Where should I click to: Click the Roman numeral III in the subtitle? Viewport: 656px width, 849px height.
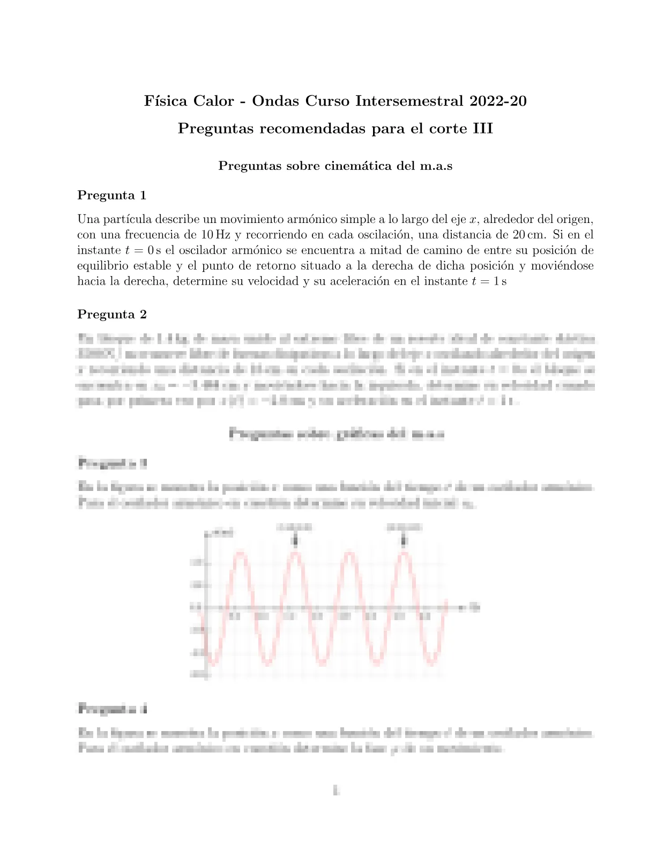pyautogui.click(x=482, y=129)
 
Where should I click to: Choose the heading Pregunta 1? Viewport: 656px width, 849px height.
pyautogui.click(x=112, y=195)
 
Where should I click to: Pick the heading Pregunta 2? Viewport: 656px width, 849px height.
pyautogui.click(x=112, y=314)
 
